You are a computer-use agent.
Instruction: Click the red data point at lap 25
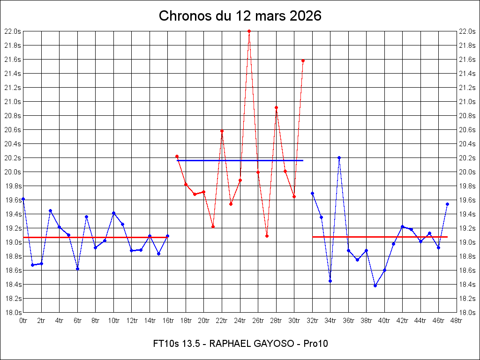[x=249, y=31]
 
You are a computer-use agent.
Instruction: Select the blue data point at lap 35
[x=339, y=158]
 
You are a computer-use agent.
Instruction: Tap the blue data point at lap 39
[x=375, y=285]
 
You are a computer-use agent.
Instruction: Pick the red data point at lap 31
[x=303, y=61]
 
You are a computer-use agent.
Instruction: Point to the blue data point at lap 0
[x=23, y=199]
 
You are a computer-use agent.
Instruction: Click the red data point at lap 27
[x=267, y=236]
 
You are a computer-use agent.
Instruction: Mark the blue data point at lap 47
[x=447, y=204]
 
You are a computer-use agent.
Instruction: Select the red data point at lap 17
[x=177, y=157]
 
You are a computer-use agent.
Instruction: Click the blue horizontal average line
[x=240, y=160]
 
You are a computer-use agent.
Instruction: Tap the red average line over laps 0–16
[x=96, y=237]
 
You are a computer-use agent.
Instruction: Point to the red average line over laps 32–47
[x=380, y=237]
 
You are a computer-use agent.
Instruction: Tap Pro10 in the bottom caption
[x=315, y=344]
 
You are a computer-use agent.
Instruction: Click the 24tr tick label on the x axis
[x=240, y=321]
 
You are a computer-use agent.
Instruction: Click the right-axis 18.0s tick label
[x=467, y=313]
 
